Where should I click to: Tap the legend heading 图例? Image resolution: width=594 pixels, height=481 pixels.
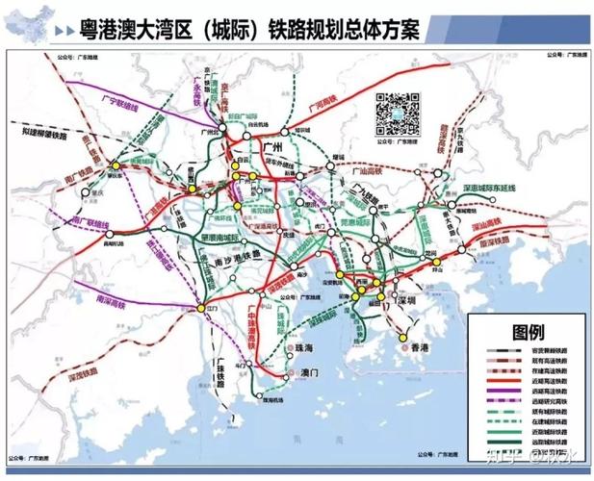(x=527, y=333)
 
